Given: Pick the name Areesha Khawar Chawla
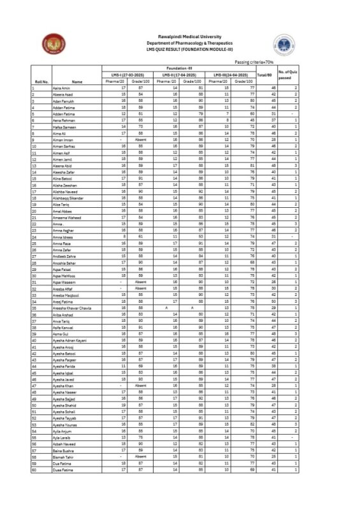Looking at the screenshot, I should point(73,307).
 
